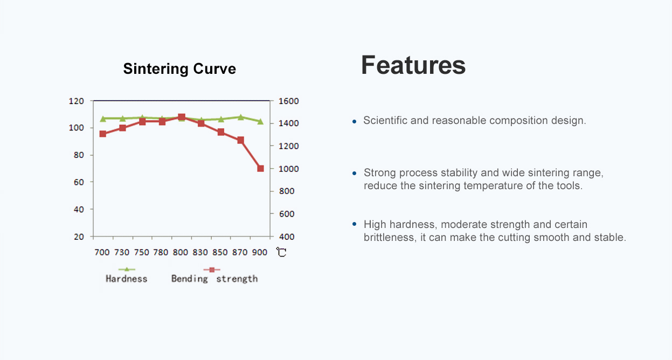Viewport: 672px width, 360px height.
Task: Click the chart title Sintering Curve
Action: (x=179, y=69)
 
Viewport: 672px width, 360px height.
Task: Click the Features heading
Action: (x=413, y=65)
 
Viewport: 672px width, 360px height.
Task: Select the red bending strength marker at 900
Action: (x=260, y=169)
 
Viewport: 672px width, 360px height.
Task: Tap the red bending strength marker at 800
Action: (x=182, y=117)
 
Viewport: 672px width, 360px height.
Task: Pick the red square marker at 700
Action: (x=102, y=134)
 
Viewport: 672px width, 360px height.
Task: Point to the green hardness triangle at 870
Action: (x=240, y=117)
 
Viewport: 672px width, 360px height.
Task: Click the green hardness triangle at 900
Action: (x=260, y=122)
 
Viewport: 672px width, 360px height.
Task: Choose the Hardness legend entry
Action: (x=126, y=279)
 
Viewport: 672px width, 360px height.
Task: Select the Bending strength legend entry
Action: (x=214, y=279)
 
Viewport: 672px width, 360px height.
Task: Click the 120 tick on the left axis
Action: (x=76, y=101)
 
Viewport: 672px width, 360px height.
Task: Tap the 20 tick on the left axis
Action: (x=78, y=237)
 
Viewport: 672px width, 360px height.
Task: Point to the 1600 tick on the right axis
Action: (x=288, y=101)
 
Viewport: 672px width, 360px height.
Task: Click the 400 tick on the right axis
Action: (x=286, y=237)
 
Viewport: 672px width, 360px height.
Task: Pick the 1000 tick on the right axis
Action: (x=288, y=169)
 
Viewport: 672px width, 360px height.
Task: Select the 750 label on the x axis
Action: (x=142, y=252)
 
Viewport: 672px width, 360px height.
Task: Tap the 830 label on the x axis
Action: (x=200, y=252)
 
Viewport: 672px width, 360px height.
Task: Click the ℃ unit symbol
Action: (x=281, y=252)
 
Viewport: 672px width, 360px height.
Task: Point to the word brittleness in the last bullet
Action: (x=388, y=238)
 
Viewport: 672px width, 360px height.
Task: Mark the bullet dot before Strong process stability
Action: (x=354, y=174)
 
